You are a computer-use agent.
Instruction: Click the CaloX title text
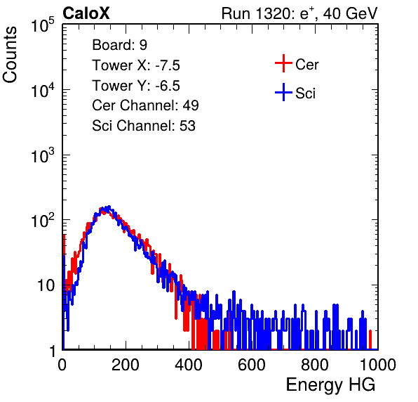coord(86,13)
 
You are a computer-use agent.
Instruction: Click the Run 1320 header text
coord(299,13)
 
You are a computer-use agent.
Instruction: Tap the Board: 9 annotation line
coord(119,45)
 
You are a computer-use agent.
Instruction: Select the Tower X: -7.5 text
coord(136,65)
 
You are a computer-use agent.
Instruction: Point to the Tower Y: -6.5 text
coord(136,86)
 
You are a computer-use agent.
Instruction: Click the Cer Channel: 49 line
coord(145,105)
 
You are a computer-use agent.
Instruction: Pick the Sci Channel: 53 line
coord(144,126)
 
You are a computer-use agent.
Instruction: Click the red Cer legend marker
coord(283,63)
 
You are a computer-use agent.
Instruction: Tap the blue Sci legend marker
coord(283,93)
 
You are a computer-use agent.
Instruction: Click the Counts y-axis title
coord(10,55)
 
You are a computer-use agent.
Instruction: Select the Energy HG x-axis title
coord(330,385)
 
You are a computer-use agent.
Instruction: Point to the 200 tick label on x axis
coord(126,365)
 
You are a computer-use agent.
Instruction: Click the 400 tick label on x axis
coord(189,365)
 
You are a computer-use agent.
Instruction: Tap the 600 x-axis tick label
coord(252,365)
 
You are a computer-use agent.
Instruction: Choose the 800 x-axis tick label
coord(315,365)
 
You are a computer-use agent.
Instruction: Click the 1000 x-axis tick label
coord(378,365)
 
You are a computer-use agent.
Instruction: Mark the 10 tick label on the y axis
coord(46,285)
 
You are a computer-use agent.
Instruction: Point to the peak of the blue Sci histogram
coord(109,207)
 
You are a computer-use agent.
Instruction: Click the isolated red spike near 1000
coord(370,339)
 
